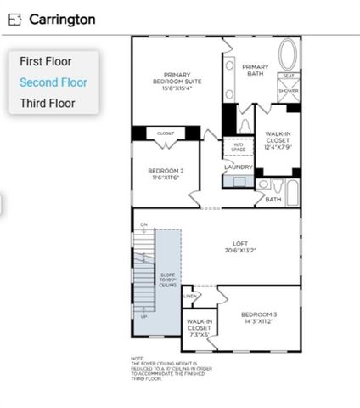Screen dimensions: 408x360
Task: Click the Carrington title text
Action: pos(62,19)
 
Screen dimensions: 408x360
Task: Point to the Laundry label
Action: pos(238,167)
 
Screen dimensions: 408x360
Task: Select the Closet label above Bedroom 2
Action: pos(166,133)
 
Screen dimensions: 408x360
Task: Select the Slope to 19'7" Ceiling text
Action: pos(168,281)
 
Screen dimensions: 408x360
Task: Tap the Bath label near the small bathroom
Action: pos(273,200)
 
